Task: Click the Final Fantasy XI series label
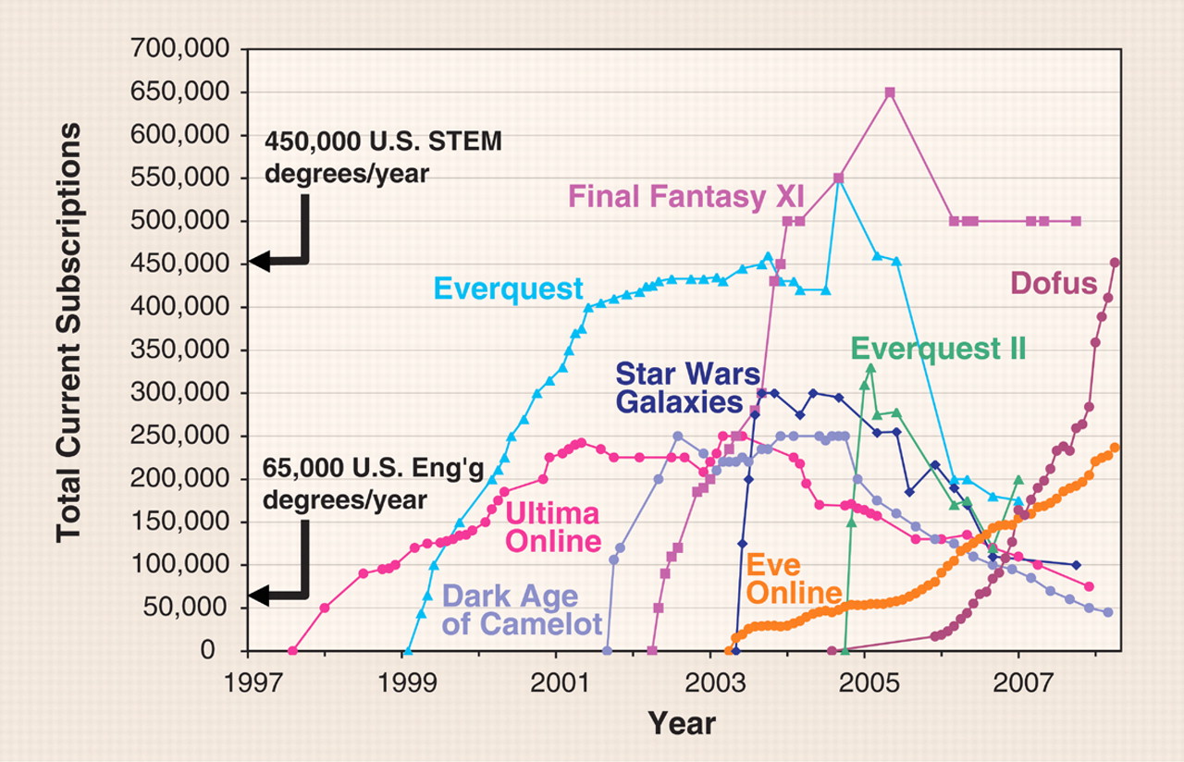tap(685, 195)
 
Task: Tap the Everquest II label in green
tap(939, 349)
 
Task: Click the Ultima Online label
tap(552, 525)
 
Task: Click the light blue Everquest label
tap(509, 289)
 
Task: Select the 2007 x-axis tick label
tap(1018, 685)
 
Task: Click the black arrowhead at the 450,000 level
tap(262, 263)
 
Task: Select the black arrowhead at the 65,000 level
tap(262, 596)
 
